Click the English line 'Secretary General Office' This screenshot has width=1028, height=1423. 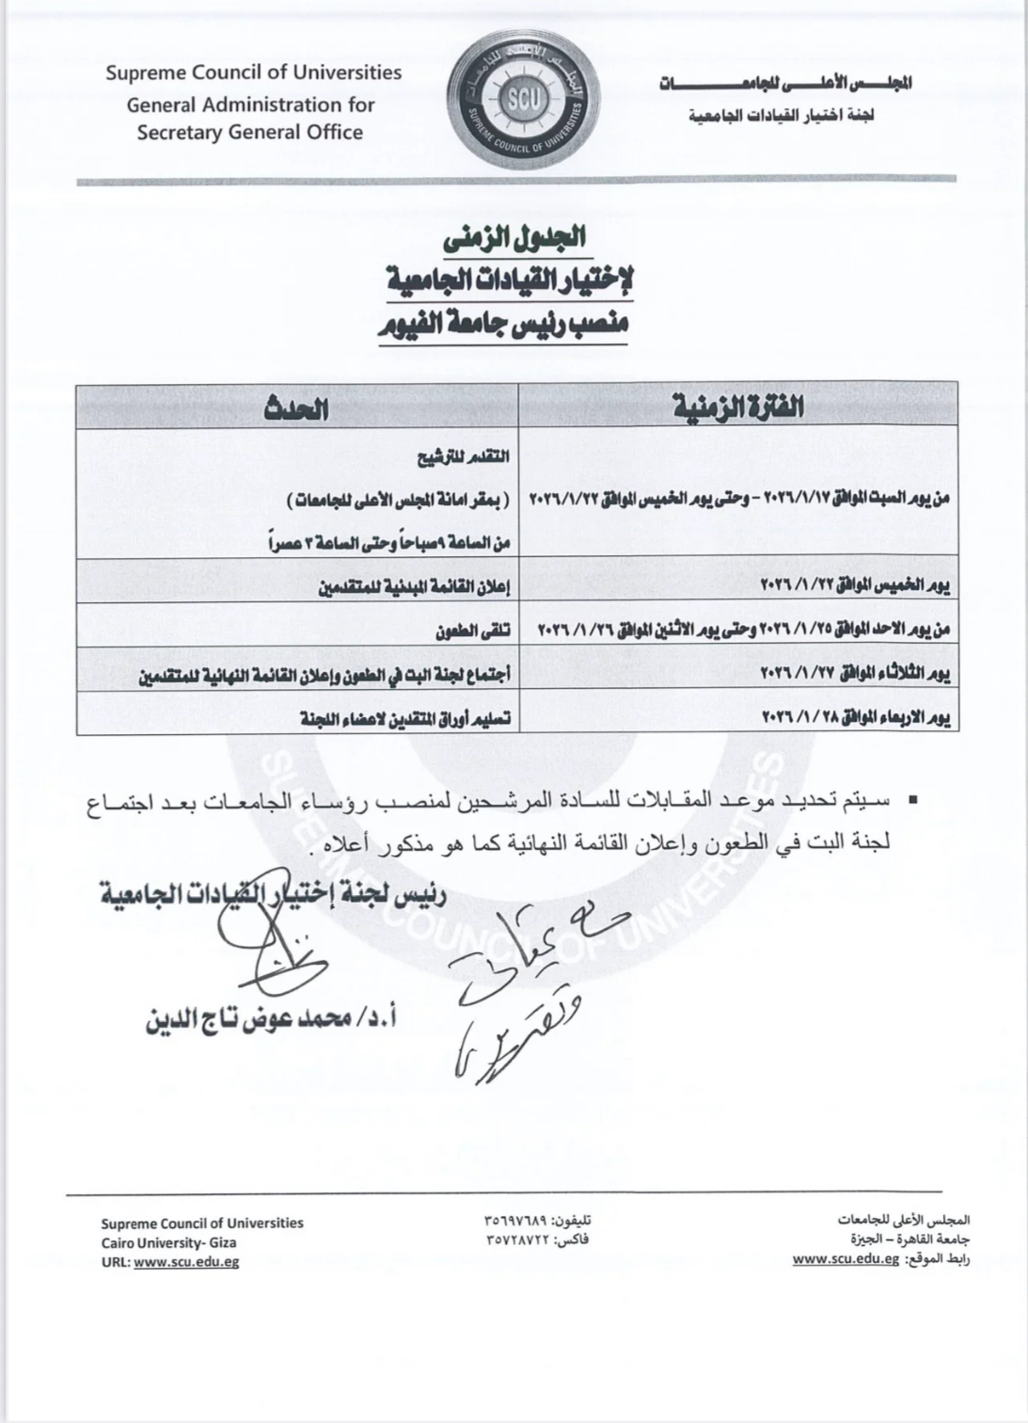pyautogui.click(x=250, y=133)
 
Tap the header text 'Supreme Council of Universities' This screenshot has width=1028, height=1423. pyautogui.click(x=253, y=72)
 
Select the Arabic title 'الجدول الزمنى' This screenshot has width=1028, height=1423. pyautogui.click(x=514, y=238)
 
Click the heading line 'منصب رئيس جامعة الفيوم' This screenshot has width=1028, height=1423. pyautogui.click(x=504, y=326)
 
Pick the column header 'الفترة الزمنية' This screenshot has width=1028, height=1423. pyautogui.click(x=739, y=407)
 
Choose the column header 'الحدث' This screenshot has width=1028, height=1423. pyautogui.click(x=297, y=407)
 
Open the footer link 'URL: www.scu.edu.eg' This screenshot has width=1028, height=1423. pyautogui.click(x=169, y=1262)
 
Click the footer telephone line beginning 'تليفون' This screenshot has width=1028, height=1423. pyautogui.click(x=537, y=1221)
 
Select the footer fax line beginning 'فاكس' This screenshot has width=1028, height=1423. pyautogui.click(x=537, y=1240)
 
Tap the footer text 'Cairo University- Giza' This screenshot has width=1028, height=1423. pyautogui.click(x=169, y=1242)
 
